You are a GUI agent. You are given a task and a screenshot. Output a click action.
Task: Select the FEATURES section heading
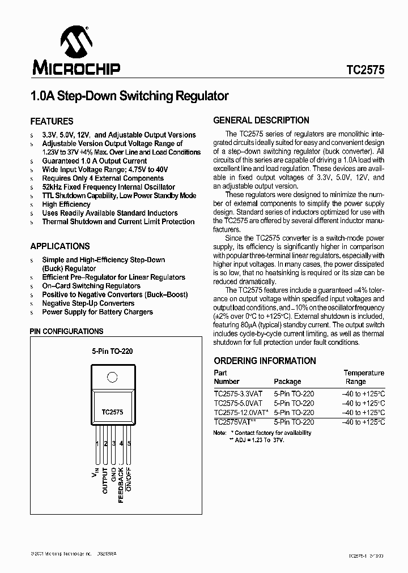(52, 121)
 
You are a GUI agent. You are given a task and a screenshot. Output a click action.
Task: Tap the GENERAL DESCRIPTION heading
(261, 120)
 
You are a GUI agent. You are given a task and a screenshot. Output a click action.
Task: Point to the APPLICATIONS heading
(59, 246)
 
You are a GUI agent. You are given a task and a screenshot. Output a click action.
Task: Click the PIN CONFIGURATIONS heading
(66, 331)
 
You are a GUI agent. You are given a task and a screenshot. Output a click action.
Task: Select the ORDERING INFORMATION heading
(265, 361)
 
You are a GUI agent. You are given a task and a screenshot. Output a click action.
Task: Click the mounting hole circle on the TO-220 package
(112, 377)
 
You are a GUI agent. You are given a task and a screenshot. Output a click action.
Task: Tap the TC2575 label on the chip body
(112, 413)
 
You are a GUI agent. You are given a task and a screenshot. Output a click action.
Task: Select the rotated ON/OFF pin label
(129, 478)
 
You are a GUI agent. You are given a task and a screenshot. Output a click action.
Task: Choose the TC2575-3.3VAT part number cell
(238, 394)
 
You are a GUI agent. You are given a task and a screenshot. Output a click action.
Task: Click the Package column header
(287, 382)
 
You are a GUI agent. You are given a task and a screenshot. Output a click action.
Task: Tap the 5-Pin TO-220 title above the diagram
(112, 351)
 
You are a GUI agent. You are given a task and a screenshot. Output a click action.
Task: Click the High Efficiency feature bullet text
(66, 204)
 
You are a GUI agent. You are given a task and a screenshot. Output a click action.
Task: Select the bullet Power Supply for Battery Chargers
(97, 312)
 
